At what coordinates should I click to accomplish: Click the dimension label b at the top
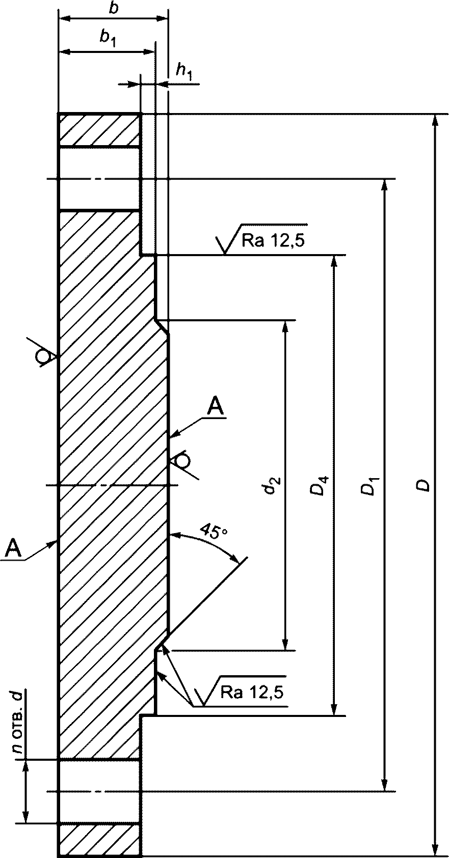point(113,9)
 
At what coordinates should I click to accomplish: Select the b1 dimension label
point(108,39)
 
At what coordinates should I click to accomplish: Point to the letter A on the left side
point(13,549)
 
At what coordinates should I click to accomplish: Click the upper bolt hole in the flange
point(99,179)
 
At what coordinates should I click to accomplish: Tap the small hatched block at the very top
point(99,130)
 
